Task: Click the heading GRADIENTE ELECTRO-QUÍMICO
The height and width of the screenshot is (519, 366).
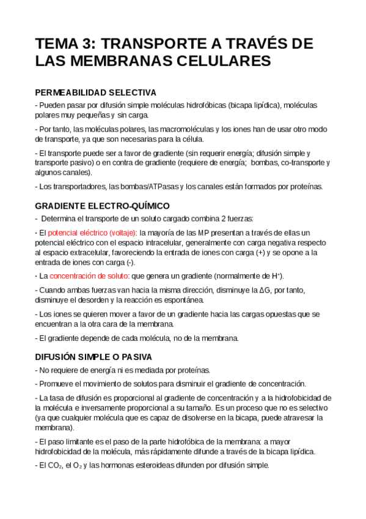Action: click(x=103, y=206)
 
